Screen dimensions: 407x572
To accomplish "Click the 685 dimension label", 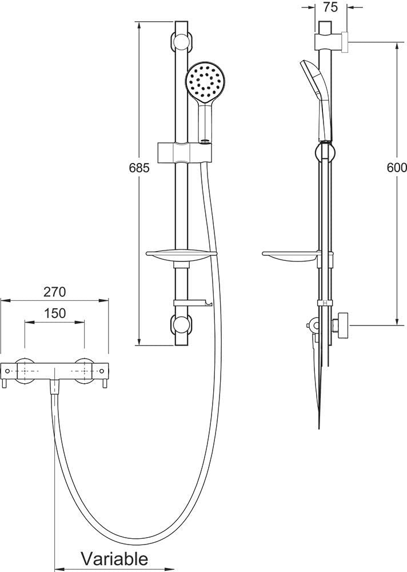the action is click(x=139, y=168).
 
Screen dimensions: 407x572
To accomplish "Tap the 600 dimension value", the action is click(x=397, y=168).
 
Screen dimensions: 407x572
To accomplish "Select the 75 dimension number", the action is click(x=331, y=7).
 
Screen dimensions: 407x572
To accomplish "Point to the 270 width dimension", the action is click(x=55, y=292).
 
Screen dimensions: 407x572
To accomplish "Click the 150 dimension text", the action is click(x=55, y=313).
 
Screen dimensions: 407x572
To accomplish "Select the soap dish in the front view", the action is click(x=181, y=257).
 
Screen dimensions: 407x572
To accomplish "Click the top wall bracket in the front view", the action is click(x=181, y=41).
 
